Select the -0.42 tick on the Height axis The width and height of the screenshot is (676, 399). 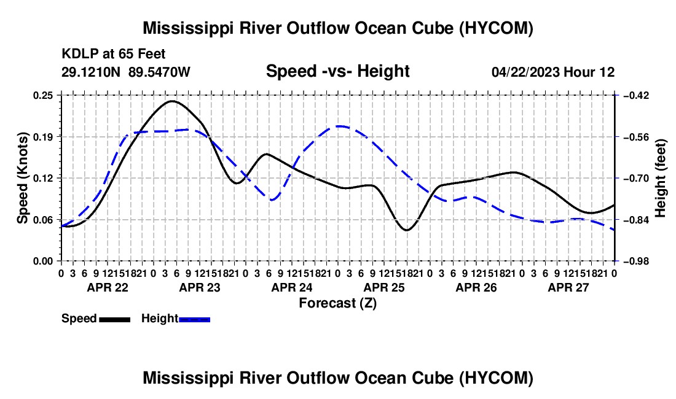(637, 95)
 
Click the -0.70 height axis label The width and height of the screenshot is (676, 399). (637, 178)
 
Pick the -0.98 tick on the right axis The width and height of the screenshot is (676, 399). (637, 261)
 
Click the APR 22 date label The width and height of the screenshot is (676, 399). (108, 287)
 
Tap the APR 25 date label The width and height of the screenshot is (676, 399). (384, 287)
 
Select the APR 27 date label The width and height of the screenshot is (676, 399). (568, 287)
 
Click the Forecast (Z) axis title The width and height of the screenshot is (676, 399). (338, 303)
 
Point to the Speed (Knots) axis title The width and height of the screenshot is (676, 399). (22, 178)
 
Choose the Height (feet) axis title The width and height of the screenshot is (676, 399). (660, 178)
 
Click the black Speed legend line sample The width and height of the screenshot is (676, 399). (115, 319)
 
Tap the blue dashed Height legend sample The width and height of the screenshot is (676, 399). (194, 319)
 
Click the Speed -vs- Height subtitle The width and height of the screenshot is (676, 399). (338, 71)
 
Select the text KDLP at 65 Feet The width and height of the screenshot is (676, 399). (114, 54)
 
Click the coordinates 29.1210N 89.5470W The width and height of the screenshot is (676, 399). (126, 72)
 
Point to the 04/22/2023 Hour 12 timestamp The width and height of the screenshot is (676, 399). (553, 72)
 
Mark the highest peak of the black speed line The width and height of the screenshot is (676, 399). (173, 101)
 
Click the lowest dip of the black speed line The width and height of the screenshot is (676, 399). (407, 230)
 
